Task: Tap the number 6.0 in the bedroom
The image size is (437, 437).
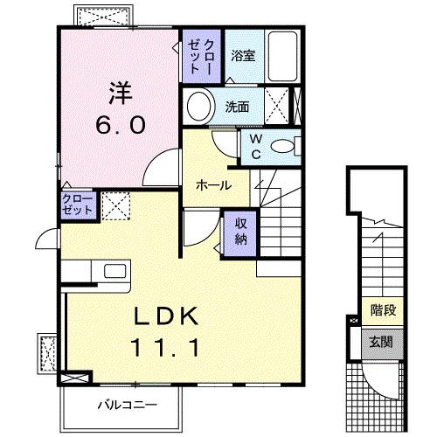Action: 121,124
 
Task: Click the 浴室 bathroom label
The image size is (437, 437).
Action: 243,56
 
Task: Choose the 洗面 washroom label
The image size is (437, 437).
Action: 237,108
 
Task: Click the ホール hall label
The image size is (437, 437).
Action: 213,185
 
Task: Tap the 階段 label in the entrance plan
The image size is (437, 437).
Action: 380,309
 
